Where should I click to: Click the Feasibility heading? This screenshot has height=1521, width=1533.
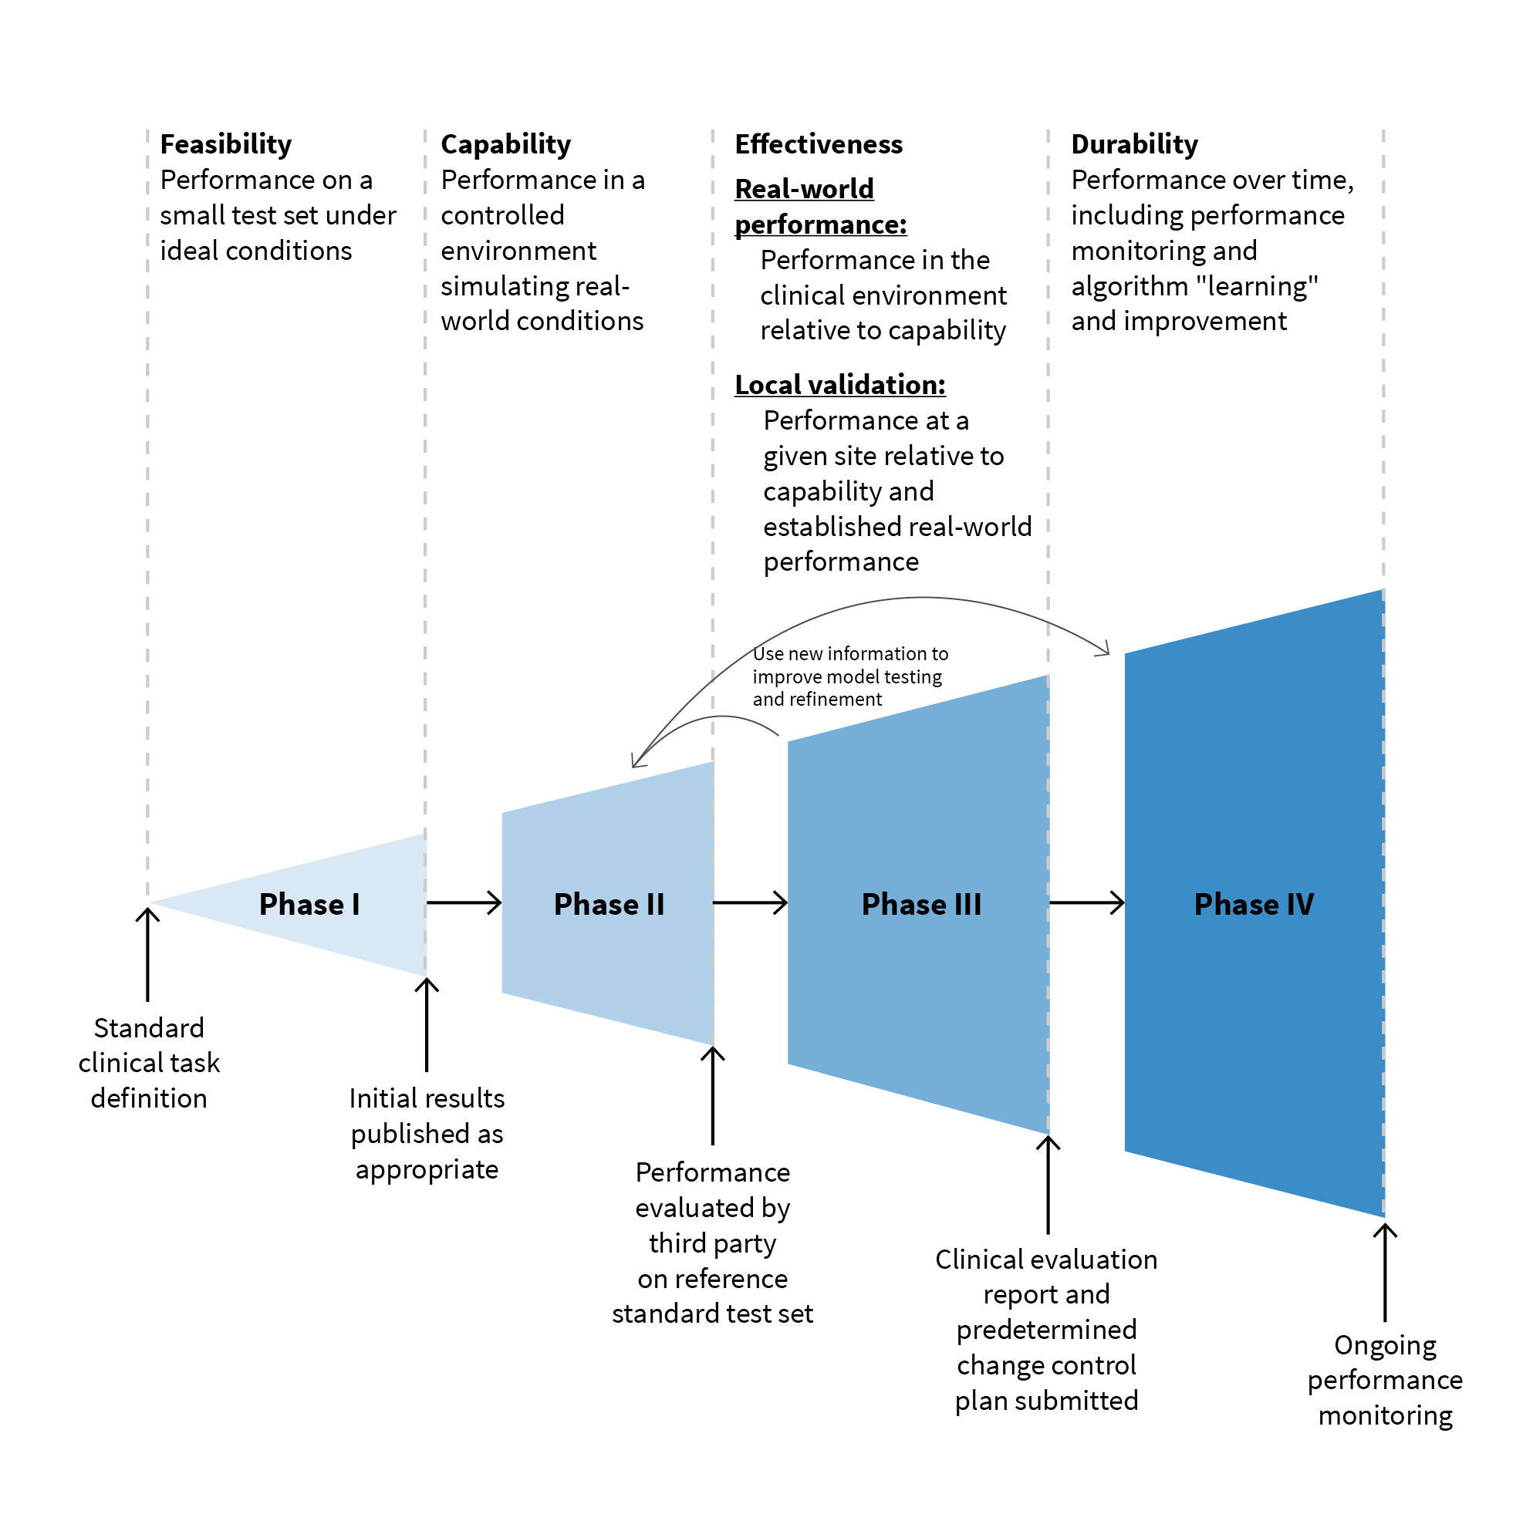(x=225, y=144)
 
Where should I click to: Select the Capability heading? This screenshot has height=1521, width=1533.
(x=505, y=144)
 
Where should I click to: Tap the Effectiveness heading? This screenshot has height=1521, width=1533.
(x=818, y=144)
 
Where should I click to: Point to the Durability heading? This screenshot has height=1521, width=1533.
(x=1134, y=144)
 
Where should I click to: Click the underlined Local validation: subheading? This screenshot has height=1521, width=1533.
(x=839, y=385)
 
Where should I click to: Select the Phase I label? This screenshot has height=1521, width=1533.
(x=309, y=905)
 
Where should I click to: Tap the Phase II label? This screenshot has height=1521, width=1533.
(x=609, y=905)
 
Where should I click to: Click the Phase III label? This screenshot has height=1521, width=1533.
(x=921, y=905)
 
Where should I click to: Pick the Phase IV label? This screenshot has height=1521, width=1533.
(x=1254, y=905)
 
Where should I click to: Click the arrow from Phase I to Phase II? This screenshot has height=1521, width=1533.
(x=464, y=903)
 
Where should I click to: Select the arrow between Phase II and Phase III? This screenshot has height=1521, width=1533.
(x=750, y=903)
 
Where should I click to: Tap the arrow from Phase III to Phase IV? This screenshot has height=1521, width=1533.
(x=1086, y=903)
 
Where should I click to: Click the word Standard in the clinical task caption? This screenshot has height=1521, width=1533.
(x=149, y=1028)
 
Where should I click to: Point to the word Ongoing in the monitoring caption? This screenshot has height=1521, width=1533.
(x=1385, y=1346)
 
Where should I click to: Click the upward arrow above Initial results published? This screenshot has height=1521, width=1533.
(x=427, y=1024)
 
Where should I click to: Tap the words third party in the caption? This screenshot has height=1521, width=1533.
(x=712, y=1243)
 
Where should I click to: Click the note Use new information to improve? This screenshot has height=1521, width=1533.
(x=849, y=676)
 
